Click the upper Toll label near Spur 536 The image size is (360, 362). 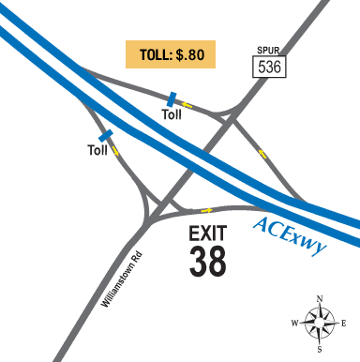point(172,114)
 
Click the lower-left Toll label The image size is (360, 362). point(98,150)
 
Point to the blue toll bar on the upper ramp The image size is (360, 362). point(171,98)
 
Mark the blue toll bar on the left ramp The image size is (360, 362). point(106,137)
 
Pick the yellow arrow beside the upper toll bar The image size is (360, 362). point(187,105)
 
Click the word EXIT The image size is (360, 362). point(207,233)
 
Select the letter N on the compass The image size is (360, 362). point(321,300)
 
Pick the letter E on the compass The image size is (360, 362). point(344,324)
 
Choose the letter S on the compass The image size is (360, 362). point(320,349)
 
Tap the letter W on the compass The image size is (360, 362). point(296,324)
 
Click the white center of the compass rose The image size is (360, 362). point(320,324)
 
